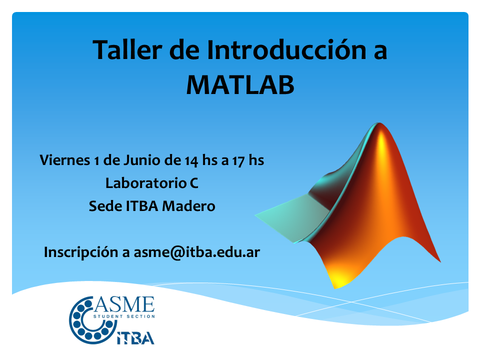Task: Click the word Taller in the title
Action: point(127,49)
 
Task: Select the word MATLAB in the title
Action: point(240,85)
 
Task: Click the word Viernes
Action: point(65,160)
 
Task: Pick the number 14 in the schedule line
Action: point(191,161)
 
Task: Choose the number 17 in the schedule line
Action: point(238,161)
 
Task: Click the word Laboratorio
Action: point(146,183)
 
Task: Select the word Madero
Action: point(188,206)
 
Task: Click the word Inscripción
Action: point(81,252)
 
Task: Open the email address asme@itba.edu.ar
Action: point(197,252)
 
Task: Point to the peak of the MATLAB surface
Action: point(379,124)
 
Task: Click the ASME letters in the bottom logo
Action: point(124,304)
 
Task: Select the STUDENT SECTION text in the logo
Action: point(124,316)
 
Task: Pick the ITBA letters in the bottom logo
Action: point(135,338)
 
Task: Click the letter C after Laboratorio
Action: point(194,183)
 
